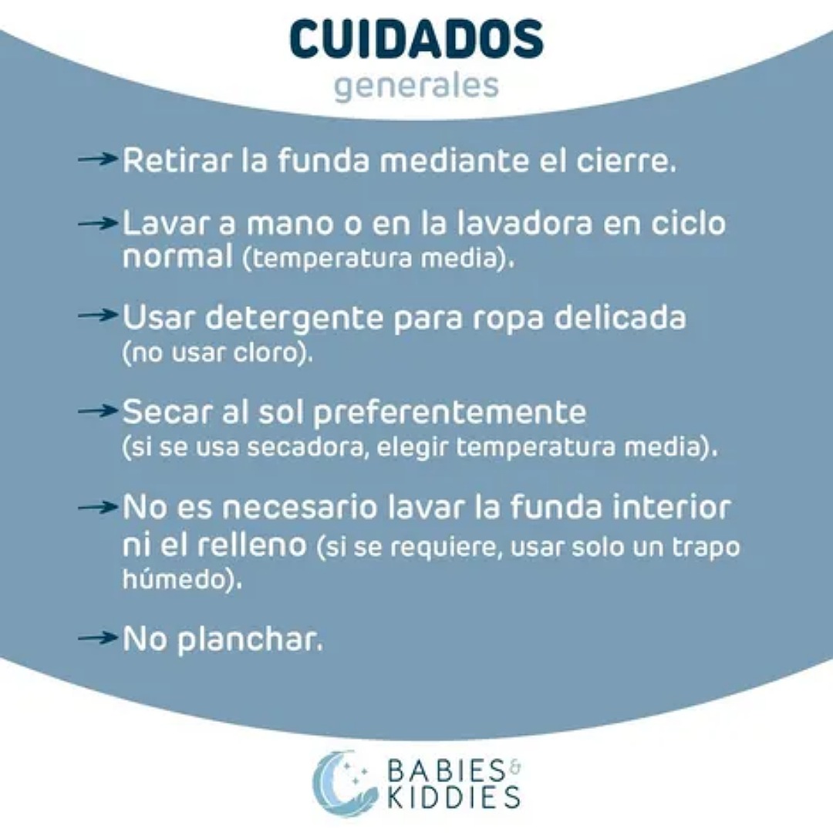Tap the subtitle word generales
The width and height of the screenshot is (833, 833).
416,85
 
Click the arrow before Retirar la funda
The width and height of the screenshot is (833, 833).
99,160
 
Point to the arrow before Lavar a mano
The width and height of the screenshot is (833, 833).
99,223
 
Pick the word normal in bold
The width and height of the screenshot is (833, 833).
177,256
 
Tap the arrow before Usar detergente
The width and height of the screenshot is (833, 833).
99,316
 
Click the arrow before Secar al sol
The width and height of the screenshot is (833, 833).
99,411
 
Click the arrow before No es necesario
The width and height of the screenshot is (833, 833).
99,507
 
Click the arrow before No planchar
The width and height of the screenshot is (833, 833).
99,638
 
